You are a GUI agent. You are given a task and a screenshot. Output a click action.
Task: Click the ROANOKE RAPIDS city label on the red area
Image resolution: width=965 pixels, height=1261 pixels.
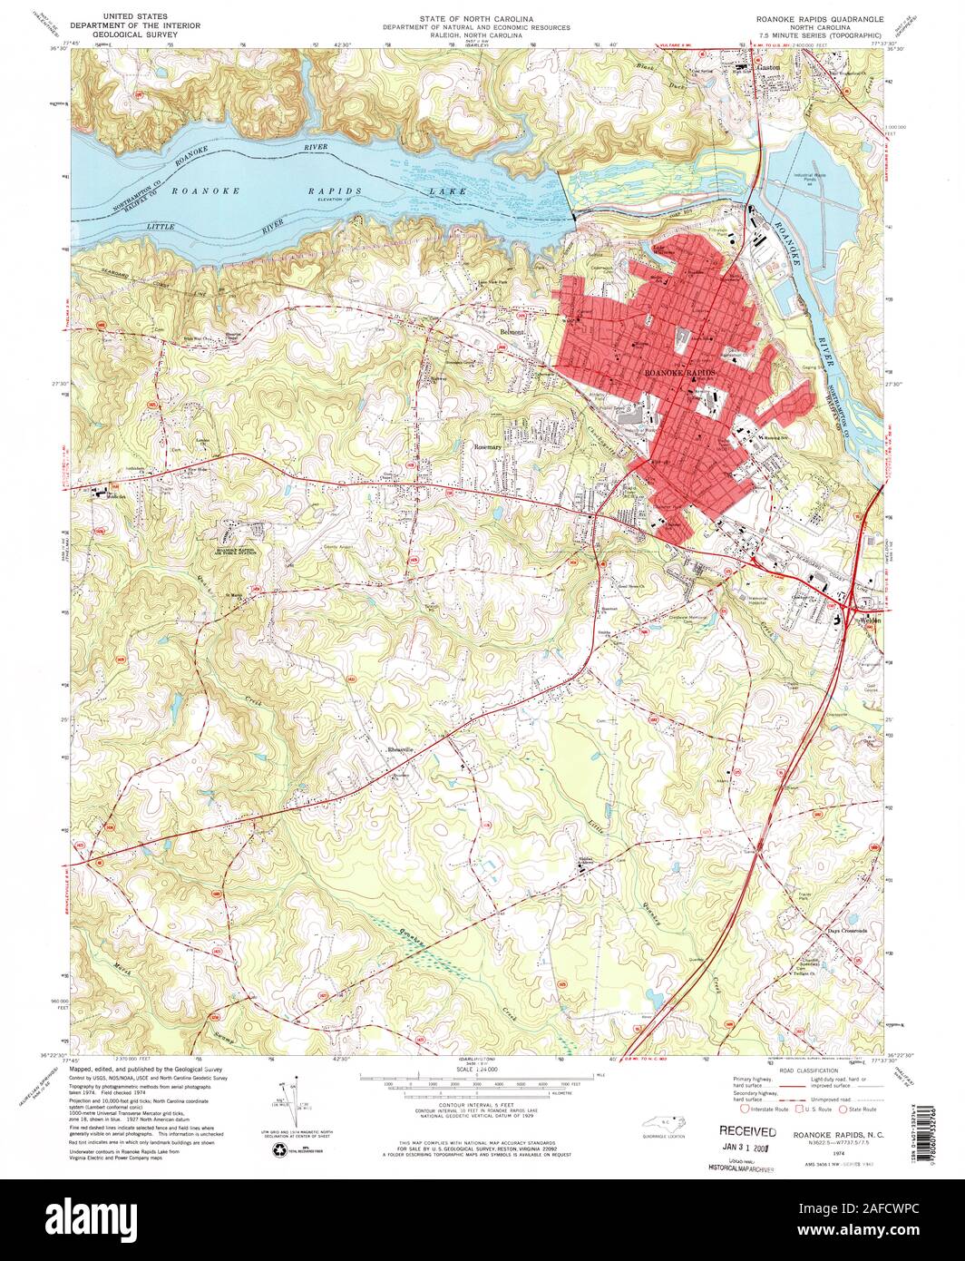pyautogui.click(x=679, y=373)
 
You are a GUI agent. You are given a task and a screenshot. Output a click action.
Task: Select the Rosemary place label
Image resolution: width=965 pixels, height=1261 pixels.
pyautogui.click(x=488, y=447)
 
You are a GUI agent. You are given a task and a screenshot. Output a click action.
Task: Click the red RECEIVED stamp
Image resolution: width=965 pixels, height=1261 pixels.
pyautogui.click(x=747, y=1131)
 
